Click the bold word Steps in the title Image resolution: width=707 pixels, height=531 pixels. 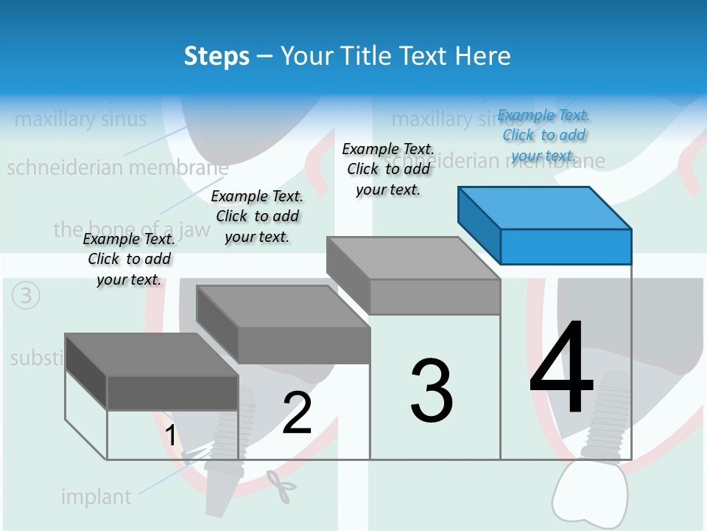point(217,56)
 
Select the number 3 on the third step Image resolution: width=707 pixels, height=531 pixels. point(432,391)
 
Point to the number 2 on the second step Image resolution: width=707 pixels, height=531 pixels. point(297,414)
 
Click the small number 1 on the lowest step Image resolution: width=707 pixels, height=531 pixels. point(171,435)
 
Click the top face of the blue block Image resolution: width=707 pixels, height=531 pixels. point(545,207)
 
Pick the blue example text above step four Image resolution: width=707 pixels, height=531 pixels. point(544,136)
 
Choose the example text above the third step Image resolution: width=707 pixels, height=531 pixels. point(388,169)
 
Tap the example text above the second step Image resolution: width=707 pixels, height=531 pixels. point(257,216)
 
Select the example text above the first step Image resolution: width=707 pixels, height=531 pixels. point(129,259)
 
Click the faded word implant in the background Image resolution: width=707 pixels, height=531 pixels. point(96,497)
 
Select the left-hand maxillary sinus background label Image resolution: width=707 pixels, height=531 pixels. point(81,119)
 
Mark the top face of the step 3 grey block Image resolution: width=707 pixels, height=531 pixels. point(413,258)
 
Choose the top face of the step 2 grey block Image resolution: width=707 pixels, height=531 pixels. point(283,306)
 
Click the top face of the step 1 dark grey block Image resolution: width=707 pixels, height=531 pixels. point(152,354)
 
